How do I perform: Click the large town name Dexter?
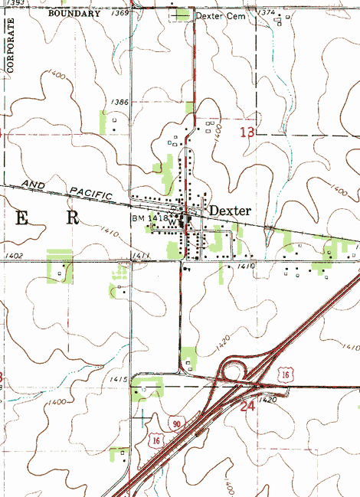point(231,210)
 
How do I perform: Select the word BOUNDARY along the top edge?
point(74,14)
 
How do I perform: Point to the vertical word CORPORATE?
point(11,46)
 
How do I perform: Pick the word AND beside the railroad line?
point(35,185)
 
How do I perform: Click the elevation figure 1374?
point(267,13)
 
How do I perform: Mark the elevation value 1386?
point(119,102)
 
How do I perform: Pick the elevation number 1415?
point(118,379)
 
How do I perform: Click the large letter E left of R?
point(22,218)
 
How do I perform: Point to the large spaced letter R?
point(73,217)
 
